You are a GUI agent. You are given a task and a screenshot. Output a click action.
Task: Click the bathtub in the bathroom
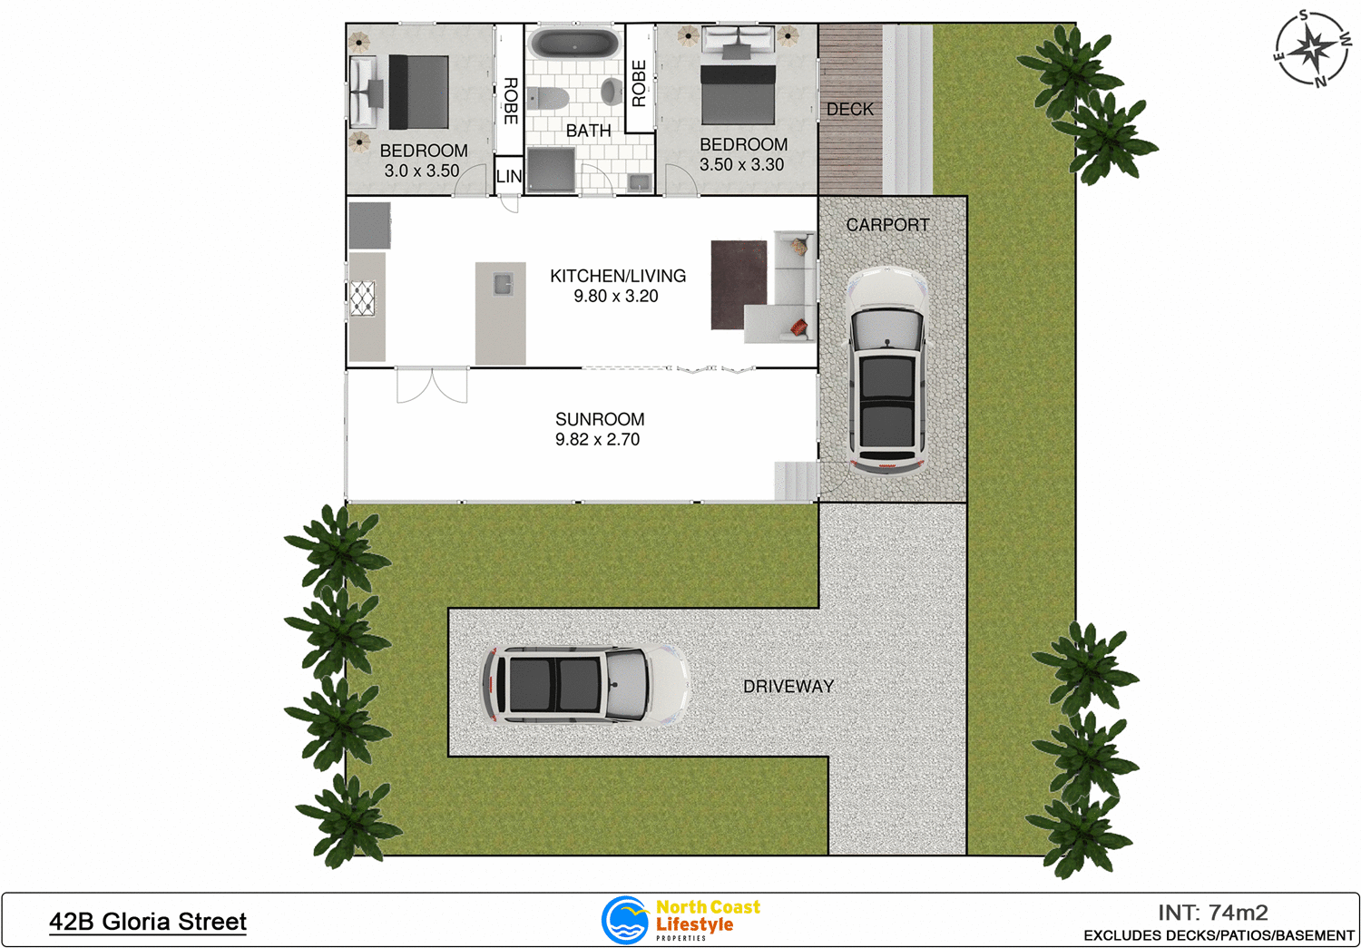[x=574, y=44]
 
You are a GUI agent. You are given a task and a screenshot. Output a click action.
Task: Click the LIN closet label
[x=509, y=177]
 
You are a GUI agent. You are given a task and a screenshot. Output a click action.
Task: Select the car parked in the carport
[x=887, y=369]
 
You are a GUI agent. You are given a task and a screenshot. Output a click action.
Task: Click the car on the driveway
[x=584, y=684]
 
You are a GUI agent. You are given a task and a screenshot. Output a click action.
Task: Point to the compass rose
[x=1312, y=49]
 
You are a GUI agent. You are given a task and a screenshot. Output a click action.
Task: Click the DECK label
[x=850, y=109]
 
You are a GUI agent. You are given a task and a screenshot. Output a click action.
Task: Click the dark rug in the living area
[x=739, y=284]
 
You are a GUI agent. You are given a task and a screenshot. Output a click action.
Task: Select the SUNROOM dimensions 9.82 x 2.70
[x=597, y=439]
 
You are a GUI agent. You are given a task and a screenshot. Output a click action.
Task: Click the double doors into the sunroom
[x=432, y=385]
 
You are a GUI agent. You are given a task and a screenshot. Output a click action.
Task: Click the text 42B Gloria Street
[x=148, y=922]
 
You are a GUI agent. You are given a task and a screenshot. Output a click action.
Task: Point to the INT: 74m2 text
[x=1212, y=913]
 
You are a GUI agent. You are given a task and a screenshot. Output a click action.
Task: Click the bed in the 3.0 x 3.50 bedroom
[x=416, y=92]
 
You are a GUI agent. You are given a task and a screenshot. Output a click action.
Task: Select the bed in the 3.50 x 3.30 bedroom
[x=738, y=92]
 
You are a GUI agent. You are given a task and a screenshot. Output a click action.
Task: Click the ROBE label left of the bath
[x=510, y=101]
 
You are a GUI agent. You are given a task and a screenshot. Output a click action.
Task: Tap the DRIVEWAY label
[x=788, y=687]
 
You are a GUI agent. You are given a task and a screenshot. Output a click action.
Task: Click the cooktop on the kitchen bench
[x=363, y=298]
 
